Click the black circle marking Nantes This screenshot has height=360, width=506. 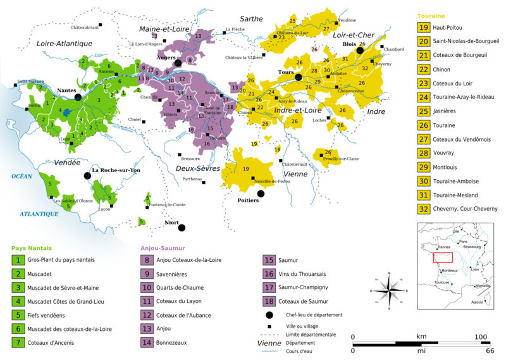click(78, 97)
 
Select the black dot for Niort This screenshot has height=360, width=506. click(182, 228)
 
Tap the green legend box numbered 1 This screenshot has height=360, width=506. click(19, 260)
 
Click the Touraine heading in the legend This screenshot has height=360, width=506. click(431, 15)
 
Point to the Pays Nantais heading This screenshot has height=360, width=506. click(32, 248)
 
